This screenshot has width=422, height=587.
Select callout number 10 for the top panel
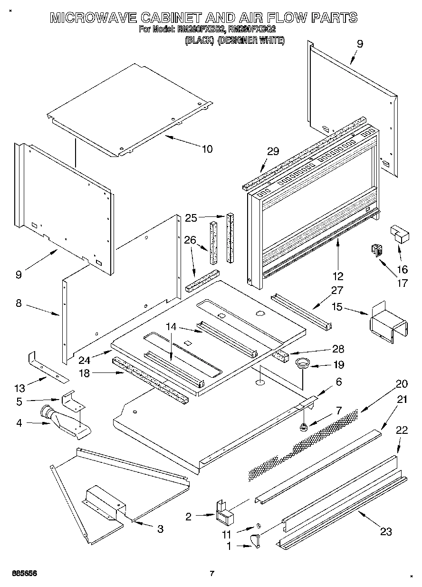207,149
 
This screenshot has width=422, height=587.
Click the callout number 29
272,152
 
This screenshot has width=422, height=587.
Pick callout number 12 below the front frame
338,276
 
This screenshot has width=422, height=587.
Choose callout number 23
385,531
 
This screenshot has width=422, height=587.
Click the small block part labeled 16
400,234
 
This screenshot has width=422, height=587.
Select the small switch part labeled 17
377,250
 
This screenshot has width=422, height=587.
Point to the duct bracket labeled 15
388,322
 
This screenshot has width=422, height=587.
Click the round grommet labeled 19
302,364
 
